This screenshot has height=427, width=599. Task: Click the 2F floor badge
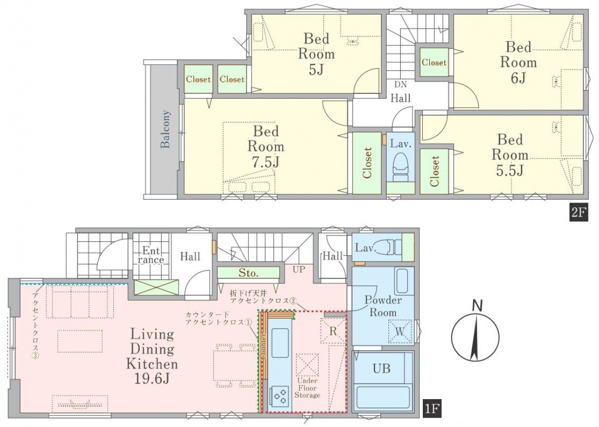coord(579,213)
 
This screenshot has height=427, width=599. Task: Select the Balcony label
coord(166,129)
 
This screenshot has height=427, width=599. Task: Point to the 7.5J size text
coord(266,162)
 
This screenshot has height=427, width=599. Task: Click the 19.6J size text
coord(152,378)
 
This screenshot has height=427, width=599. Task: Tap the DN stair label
coord(400,84)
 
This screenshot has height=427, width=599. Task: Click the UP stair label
coord(299,269)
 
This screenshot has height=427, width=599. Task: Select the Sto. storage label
coord(249,273)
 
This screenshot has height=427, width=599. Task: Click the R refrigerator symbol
coord(333,331)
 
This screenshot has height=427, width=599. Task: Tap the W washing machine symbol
coord(400,332)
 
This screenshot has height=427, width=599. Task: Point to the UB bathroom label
coord(381,369)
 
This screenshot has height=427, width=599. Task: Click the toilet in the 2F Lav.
coord(400,166)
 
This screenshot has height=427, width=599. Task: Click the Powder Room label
coord(383,306)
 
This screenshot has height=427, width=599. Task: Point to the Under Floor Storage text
coord(307,388)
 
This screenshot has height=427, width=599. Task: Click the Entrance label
coord(151,255)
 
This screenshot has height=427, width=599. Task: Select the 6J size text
coord(518,78)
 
